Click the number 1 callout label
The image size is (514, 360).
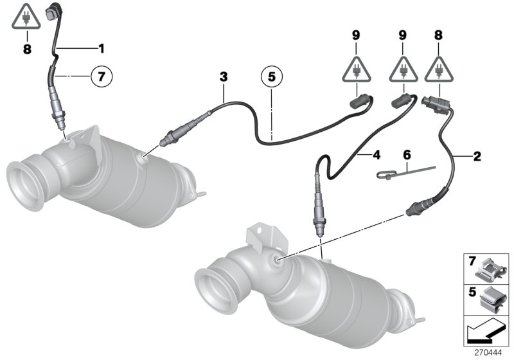coord(100,48)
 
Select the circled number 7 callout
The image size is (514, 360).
coord(100,76)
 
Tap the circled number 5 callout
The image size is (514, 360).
coord(271,77)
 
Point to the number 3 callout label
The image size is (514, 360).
coord(223,76)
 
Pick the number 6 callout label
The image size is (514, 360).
coord(405,155)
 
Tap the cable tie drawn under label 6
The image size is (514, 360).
coord(405,172)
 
